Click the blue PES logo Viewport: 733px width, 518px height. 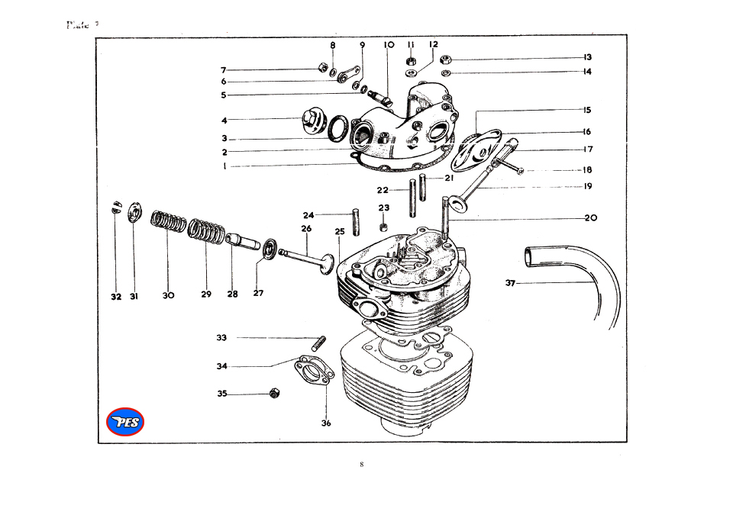[x=125, y=422]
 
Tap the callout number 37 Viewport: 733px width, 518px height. [x=511, y=283]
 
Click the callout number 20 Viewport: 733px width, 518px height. [x=591, y=218]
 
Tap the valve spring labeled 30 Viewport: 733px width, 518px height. [x=169, y=223]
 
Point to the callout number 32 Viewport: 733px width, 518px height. [x=115, y=296]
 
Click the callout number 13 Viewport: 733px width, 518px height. [x=587, y=57]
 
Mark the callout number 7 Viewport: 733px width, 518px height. [x=224, y=70]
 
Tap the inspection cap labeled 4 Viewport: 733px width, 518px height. [x=312, y=121]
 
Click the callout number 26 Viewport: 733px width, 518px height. [x=306, y=229]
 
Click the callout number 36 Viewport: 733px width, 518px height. [x=326, y=423]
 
